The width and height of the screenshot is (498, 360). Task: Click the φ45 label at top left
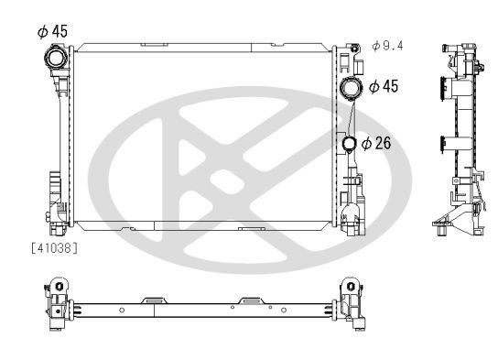pos(52,30)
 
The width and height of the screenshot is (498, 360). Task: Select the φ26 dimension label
pos(377,144)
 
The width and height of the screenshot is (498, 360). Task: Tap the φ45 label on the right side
pos(384,86)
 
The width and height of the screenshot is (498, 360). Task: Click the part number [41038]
pos(54,247)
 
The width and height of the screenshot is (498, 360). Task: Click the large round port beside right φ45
pos(351,89)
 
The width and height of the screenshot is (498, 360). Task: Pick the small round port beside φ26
pos(350,144)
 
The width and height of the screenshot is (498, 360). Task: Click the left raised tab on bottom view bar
pos(154,298)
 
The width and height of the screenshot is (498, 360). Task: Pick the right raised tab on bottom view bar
pos(250,298)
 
